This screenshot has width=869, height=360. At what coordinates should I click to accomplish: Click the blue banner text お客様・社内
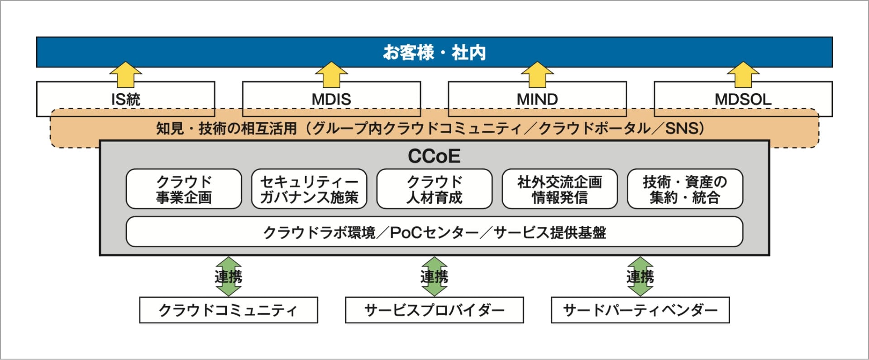pos(434,53)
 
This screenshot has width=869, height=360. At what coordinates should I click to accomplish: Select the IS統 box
pos(125,99)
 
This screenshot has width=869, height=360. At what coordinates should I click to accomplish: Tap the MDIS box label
pos(331,99)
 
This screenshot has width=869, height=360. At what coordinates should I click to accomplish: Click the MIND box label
pos(537,99)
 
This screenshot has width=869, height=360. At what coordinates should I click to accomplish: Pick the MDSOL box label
pos(743,99)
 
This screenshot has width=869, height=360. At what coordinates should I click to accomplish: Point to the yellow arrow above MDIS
pos(331,74)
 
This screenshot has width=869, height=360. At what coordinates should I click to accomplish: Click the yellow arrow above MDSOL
pos(743,74)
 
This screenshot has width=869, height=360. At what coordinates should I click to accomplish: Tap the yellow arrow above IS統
pos(125,74)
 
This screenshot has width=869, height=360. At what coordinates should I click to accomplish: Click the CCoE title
pos(434,156)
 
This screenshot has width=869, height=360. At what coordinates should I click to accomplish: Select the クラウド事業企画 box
pos(184,189)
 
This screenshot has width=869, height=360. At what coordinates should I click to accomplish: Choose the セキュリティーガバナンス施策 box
pos(309,189)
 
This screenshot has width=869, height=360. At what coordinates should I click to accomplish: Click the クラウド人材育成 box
pos(434,189)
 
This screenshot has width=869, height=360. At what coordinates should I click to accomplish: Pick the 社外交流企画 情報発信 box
pos(559,189)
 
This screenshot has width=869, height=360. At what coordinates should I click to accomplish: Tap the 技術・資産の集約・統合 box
pos(685,189)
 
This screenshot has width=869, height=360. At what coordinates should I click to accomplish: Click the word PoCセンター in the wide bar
pos(434,232)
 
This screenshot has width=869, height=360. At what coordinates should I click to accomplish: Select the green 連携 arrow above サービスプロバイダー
pos(434,276)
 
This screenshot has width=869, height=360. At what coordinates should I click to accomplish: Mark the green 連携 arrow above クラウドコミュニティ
pos(229,276)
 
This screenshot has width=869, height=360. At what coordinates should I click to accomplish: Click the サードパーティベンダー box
pos(640,310)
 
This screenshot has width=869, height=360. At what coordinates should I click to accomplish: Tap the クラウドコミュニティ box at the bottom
pos(229,310)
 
